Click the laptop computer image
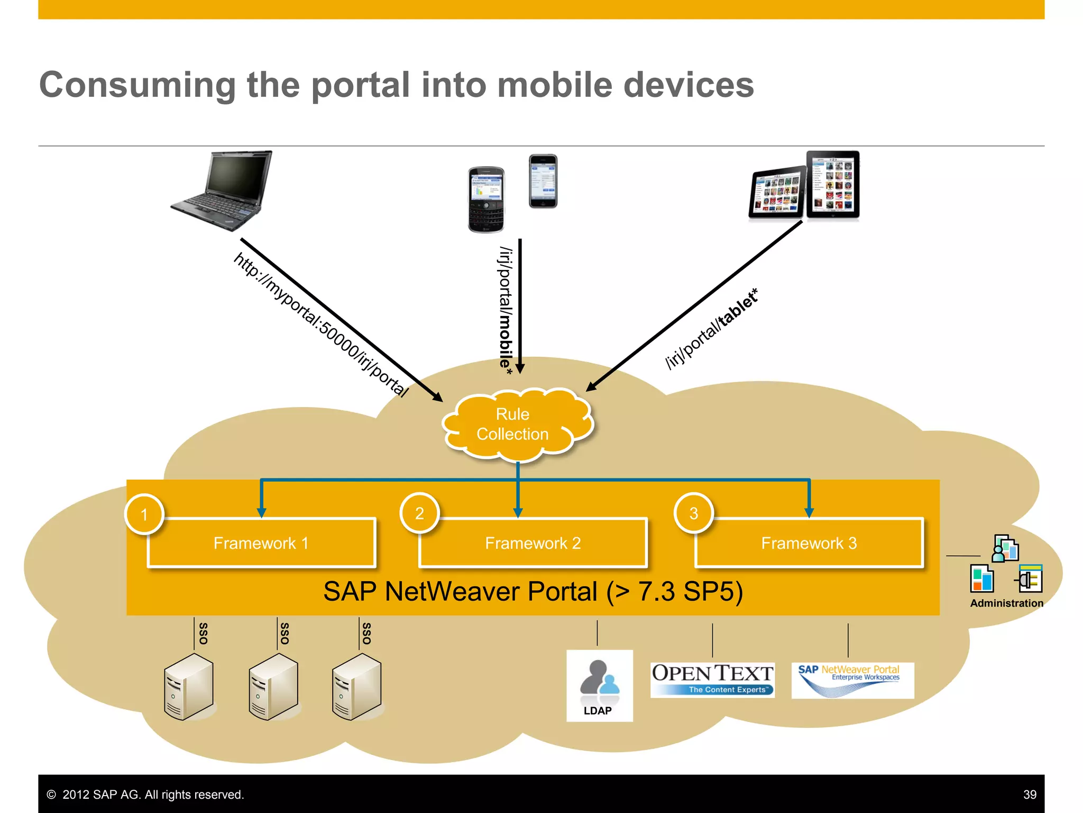point(222,191)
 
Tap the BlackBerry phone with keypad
point(486,200)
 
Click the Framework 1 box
point(261,543)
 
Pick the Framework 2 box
point(533,543)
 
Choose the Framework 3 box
point(809,543)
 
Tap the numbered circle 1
point(144,514)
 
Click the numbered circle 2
point(419,513)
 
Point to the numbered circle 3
point(694,513)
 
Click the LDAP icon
point(599,685)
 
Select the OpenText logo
point(712,680)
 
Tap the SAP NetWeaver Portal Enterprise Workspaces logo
point(852,680)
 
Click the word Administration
point(1006,603)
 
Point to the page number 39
point(1030,794)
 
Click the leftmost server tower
point(189,686)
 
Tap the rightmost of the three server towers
point(357,686)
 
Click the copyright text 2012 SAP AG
point(153,794)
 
